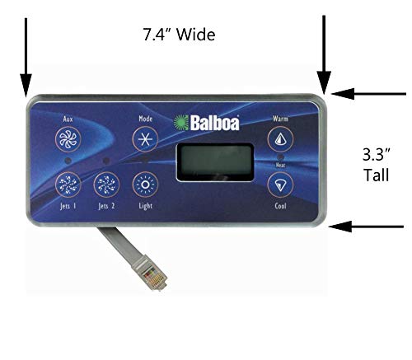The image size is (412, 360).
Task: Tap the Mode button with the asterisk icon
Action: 145,139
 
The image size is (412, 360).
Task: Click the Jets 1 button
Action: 68,185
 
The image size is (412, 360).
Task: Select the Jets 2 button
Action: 106,185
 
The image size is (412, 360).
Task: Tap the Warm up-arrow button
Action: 280,139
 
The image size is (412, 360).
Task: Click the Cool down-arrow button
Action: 280,185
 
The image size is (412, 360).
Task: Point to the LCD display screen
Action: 215,162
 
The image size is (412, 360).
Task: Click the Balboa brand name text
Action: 214,123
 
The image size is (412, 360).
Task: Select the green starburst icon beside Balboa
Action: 181,123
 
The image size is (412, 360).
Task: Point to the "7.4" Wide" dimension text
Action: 179,35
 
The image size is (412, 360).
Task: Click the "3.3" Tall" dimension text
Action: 377,165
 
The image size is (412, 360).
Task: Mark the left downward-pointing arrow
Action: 26,58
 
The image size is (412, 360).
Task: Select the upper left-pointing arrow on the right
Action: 368,94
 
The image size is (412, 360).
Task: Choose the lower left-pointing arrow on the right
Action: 366,227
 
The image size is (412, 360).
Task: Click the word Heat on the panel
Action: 280,165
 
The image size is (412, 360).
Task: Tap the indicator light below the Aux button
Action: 68,161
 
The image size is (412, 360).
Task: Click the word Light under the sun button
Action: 145,206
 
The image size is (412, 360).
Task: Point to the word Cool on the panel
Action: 280,206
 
